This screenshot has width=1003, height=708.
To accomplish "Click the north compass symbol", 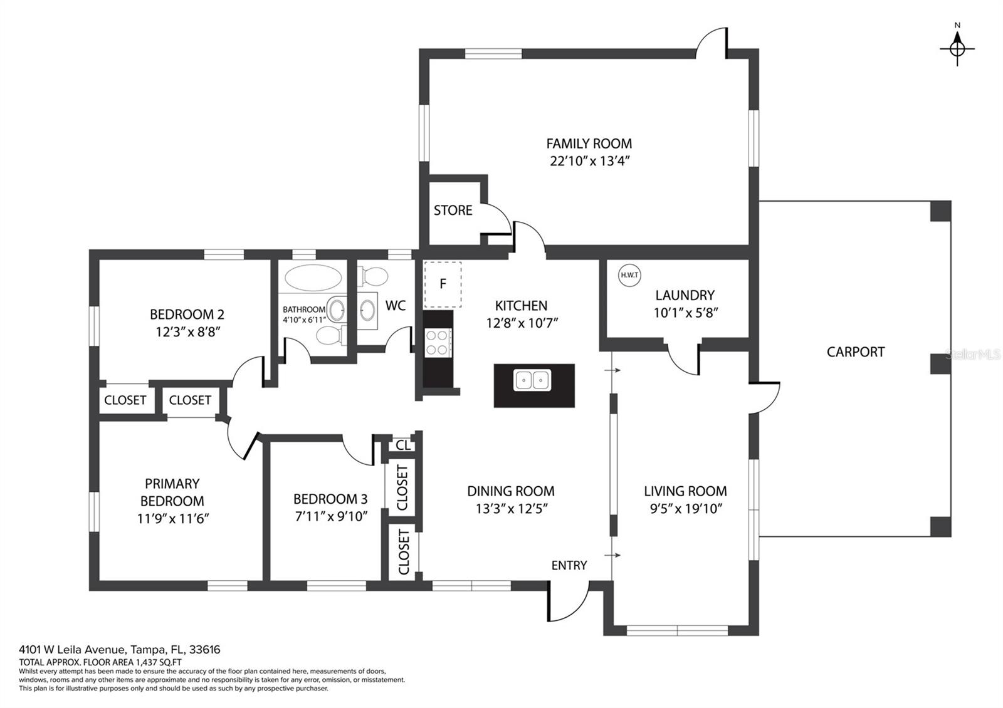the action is click(x=957, y=48).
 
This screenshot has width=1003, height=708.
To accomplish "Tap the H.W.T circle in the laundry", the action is click(x=629, y=275).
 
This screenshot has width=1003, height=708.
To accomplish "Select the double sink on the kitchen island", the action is click(x=532, y=380).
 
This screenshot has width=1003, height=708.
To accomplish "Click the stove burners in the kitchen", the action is click(x=438, y=342).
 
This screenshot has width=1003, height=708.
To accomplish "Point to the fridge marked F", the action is click(x=443, y=284).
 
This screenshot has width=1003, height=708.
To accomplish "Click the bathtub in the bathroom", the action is click(x=313, y=278).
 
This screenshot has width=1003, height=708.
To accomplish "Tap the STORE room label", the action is click(x=453, y=211).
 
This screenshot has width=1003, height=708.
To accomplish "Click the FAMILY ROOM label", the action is click(x=589, y=143).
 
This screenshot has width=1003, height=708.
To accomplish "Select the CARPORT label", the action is click(x=856, y=352).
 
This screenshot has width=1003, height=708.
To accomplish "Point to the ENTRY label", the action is click(x=569, y=565).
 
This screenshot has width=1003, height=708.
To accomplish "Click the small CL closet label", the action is click(x=402, y=445).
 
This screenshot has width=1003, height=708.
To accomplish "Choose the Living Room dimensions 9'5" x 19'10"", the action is click(x=686, y=509).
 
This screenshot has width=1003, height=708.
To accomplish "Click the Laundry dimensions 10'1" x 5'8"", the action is click(x=686, y=313).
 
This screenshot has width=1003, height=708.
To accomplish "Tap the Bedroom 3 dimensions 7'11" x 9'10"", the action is click(x=331, y=516).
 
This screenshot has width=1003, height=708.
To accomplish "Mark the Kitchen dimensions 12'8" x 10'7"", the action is click(x=522, y=323).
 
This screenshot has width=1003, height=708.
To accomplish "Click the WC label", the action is click(x=396, y=306).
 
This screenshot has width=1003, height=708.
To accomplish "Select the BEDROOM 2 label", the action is click(x=187, y=315).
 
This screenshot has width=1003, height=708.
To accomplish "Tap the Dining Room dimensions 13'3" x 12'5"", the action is click(x=512, y=509).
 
